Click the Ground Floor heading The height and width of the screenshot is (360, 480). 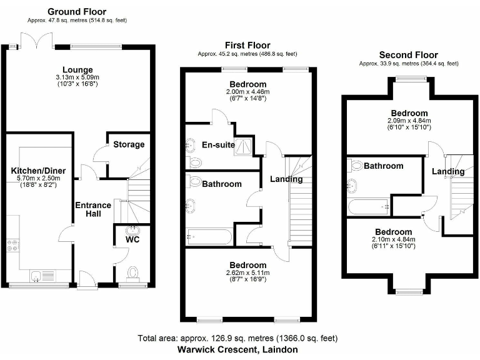pos(77,11)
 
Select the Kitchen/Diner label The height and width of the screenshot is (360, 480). pos(38,170)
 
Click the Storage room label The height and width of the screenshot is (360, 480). pos(129,144)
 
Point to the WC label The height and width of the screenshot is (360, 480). pos(132,239)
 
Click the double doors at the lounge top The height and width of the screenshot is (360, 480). pos(36,41)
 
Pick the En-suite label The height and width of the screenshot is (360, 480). pos(218,145)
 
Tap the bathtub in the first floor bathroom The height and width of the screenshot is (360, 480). pos(209,237)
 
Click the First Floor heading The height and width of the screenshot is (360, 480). pos(248,45)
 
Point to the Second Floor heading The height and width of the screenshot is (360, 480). pos(409,55)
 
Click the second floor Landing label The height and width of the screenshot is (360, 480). pos(448,171)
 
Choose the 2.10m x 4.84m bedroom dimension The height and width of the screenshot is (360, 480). pos(393,239)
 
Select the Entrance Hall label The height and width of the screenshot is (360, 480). pos(93,209)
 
